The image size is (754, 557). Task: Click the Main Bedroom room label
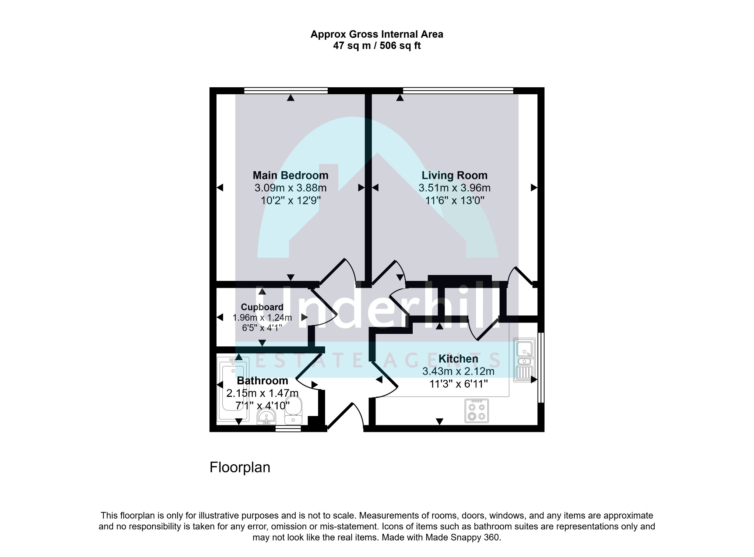point(290,175)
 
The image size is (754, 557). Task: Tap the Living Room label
point(454,175)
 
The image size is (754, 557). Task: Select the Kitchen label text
point(458,359)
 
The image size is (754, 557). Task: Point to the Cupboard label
point(262,307)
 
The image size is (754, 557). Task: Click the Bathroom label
point(263,381)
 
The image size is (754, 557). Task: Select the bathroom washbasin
point(266,417)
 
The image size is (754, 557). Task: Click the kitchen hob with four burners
point(477,411)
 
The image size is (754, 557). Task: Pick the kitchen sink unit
point(524,359)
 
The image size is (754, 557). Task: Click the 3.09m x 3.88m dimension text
point(290,188)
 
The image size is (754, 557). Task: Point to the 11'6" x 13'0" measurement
point(455,200)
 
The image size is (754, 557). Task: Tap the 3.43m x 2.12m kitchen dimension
point(458,371)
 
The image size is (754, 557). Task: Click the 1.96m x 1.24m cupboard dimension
point(262,317)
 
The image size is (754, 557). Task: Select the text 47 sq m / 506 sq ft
point(377,46)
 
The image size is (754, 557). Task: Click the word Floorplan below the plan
point(240,468)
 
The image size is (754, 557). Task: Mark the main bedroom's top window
point(286,90)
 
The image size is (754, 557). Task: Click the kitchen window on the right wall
point(541,367)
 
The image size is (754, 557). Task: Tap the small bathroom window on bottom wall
point(288,429)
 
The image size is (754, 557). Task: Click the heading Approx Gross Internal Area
point(377,34)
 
